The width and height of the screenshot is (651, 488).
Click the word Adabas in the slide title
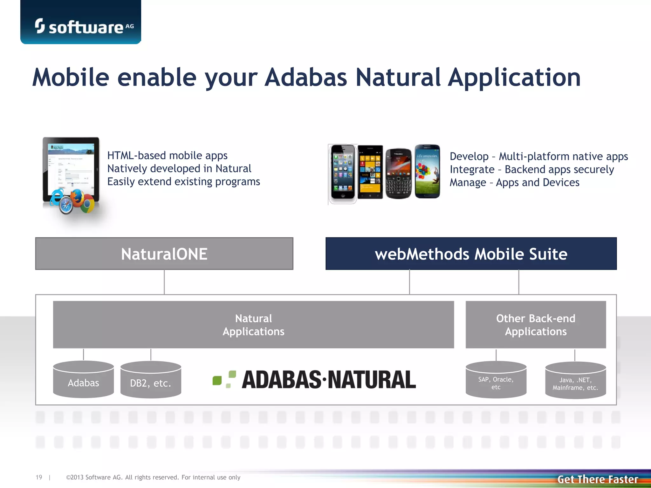click(x=306, y=78)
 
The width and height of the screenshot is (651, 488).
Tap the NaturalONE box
click(x=164, y=254)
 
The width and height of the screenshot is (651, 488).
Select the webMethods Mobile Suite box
click(x=471, y=254)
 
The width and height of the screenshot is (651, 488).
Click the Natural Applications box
click(x=253, y=325)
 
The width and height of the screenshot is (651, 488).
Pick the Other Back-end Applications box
click(x=536, y=325)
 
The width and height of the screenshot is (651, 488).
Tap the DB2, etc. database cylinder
click(x=151, y=380)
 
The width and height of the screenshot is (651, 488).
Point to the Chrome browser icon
click(x=87, y=205)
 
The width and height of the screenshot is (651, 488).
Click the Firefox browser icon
click(x=77, y=197)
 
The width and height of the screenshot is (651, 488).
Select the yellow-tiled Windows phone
click(x=370, y=172)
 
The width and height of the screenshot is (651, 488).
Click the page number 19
click(x=39, y=477)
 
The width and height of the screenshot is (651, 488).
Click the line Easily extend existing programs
click(x=183, y=182)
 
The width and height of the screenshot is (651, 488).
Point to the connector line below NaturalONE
click(x=164, y=282)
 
